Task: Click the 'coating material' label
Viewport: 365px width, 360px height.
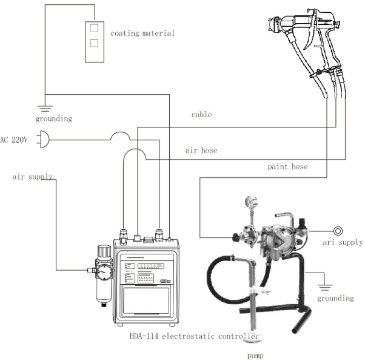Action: (142, 33)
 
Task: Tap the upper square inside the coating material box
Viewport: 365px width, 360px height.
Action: (93, 28)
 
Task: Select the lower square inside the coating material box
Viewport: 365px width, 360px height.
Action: (93, 43)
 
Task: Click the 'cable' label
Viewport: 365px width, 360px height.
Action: (201, 115)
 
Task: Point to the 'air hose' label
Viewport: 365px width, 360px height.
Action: (201, 150)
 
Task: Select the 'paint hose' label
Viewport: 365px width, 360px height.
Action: (287, 166)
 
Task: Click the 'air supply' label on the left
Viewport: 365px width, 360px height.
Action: (32, 177)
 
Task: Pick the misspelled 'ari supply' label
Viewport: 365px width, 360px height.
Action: (342, 242)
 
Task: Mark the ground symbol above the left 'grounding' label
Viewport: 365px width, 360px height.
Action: (43, 108)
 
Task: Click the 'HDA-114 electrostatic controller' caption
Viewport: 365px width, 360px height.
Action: (194, 336)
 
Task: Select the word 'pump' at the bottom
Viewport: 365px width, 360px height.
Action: (255, 355)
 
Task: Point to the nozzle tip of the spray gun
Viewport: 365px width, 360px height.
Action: (268, 25)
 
